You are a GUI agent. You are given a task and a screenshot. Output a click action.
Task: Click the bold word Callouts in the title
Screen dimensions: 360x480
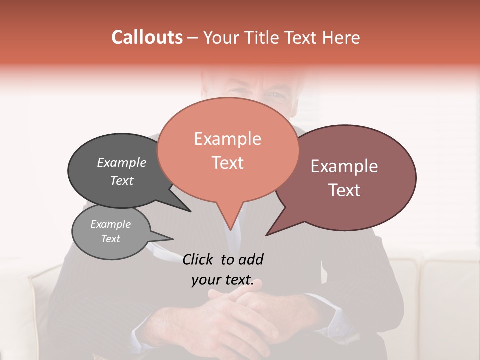pyautogui.click(x=147, y=37)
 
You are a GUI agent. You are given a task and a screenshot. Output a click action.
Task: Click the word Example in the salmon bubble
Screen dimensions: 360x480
pyautogui.click(x=227, y=139)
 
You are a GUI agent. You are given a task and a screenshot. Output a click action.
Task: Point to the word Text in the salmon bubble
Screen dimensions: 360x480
pyautogui.click(x=227, y=163)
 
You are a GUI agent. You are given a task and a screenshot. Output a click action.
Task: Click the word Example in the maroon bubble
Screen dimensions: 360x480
pyautogui.click(x=344, y=166)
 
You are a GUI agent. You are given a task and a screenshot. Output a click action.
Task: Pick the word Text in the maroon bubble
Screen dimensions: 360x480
pyautogui.click(x=344, y=190)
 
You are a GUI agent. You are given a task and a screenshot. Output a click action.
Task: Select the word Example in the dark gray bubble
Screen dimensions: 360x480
pyautogui.click(x=121, y=162)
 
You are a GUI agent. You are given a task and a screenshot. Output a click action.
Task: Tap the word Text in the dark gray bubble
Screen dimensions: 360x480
pyautogui.click(x=121, y=180)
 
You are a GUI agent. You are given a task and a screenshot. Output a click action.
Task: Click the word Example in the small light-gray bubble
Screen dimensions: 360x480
pyautogui.click(x=110, y=224)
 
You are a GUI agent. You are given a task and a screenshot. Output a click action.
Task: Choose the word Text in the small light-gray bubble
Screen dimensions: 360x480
pyautogui.click(x=110, y=239)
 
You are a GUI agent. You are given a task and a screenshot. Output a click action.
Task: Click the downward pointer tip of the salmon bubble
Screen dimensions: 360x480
pyautogui.click(x=230, y=230)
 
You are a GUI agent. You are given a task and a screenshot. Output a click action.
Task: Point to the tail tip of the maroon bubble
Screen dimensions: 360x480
pyautogui.click(x=266, y=235)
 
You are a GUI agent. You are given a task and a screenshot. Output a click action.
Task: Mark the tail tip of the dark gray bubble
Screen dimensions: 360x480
pyautogui.click(x=190, y=211)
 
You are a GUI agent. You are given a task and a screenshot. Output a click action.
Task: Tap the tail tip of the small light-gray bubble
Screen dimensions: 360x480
pyautogui.click(x=173, y=239)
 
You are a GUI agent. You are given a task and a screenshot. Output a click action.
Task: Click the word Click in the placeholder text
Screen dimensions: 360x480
pyautogui.click(x=199, y=259)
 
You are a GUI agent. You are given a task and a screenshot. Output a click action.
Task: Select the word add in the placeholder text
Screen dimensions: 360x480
pyautogui.click(x=250, y=259)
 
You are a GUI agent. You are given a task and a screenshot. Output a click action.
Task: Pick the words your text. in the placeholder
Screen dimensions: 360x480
pyautogui.click(x=222, y=280)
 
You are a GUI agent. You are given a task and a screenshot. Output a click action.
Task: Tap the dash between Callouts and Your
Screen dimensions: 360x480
pyautogui.click(x=193, y=37)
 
